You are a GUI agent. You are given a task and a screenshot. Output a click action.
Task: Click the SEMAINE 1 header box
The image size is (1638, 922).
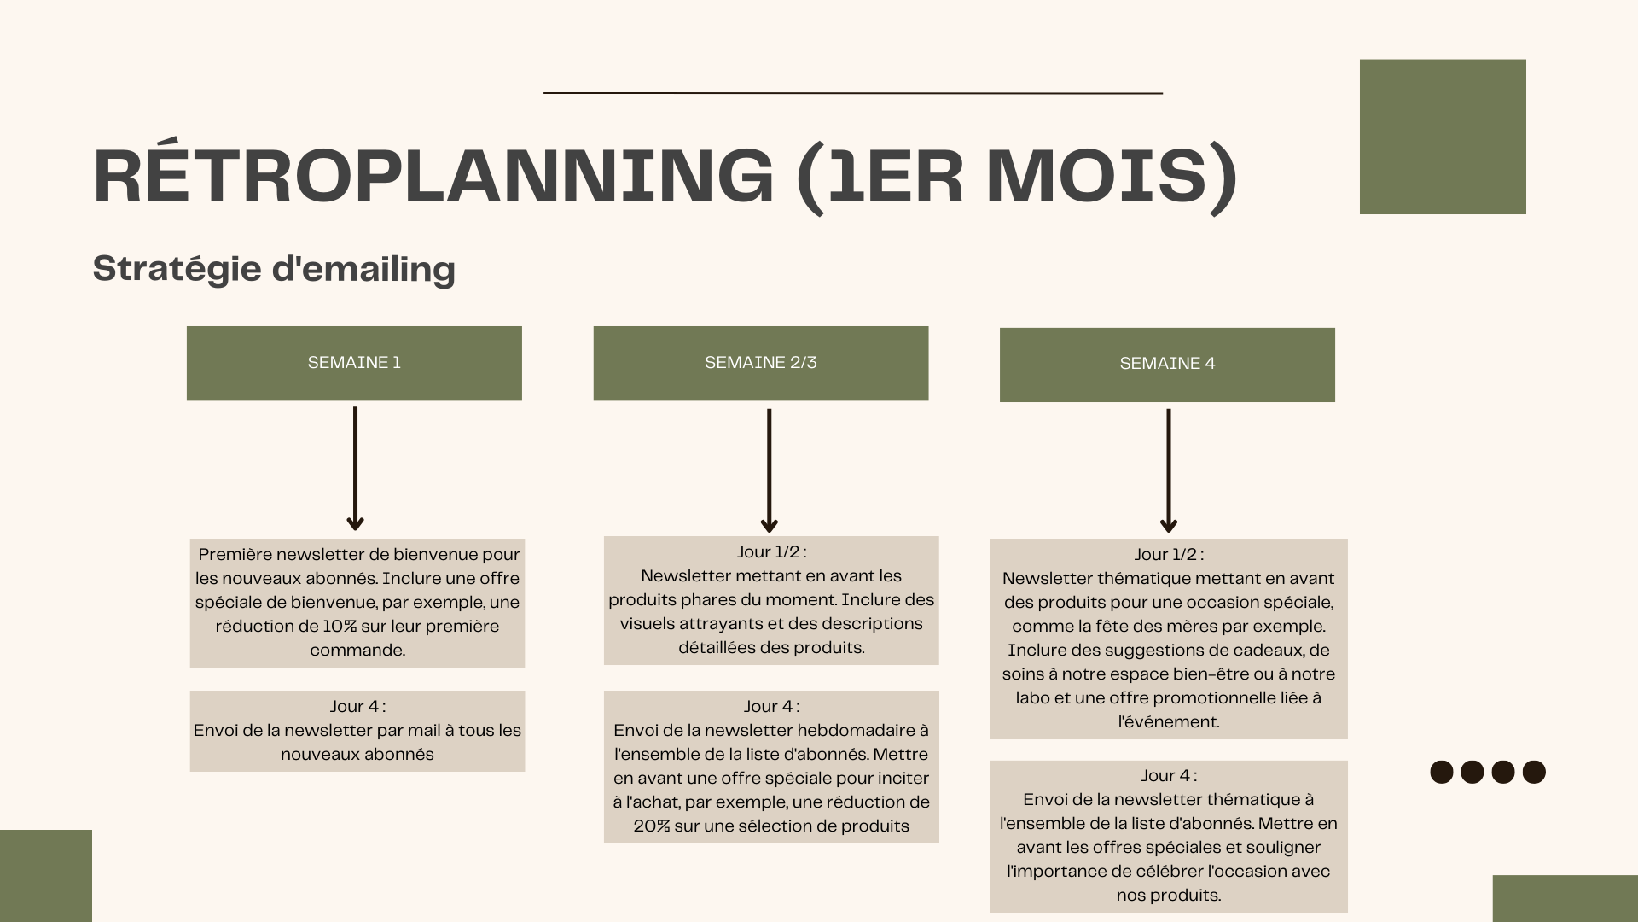(x=354, y=363)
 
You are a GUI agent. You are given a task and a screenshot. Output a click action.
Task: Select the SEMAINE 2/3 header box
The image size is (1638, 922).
(x=760, y=363)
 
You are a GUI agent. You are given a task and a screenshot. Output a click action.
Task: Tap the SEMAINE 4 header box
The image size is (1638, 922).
(x=1167, y=365)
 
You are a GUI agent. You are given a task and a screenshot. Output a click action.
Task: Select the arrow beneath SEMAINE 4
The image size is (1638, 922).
(x=1169, y=470)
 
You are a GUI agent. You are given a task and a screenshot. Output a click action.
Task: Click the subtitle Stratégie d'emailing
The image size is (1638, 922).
(x=274, y=269)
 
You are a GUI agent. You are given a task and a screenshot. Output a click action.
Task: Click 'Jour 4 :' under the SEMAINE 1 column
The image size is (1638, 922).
(x=357, y=707)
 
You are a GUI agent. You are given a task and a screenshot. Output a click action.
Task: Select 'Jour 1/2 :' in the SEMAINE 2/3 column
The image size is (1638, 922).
(x=771, y=552)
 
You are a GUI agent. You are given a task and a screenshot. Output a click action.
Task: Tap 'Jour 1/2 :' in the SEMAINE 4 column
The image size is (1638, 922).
(x=1169, y=555)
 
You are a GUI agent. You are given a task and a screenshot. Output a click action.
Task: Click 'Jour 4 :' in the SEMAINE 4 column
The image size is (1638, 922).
(x=1169, y=776)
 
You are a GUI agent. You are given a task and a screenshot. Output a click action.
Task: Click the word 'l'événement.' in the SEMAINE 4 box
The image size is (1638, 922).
(x=1169, y=722)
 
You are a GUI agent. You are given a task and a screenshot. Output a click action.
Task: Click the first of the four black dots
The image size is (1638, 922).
(x=1441, y=772)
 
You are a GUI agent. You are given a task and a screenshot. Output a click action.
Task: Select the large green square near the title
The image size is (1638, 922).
(x=1443, y=137)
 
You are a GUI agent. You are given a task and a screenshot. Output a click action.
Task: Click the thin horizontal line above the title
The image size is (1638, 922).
(x=853, y=92)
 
